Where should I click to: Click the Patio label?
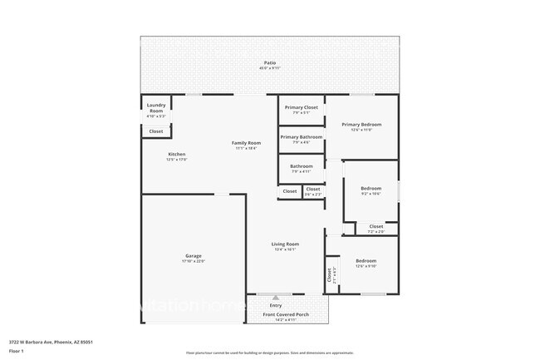(269, 63)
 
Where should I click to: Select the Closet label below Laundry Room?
(155, 131)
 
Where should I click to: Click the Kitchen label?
(177, 156)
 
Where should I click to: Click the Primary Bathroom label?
(301, 138)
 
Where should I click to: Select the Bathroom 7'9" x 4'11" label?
(301, 168)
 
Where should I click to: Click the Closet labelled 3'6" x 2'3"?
(313, 190)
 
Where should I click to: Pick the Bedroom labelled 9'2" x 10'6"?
(371, 190)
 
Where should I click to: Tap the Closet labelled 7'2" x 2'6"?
(376, 227)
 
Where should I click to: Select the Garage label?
(193, 257)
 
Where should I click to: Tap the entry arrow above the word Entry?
(275, 297)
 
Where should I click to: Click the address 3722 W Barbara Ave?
(51, 341)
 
